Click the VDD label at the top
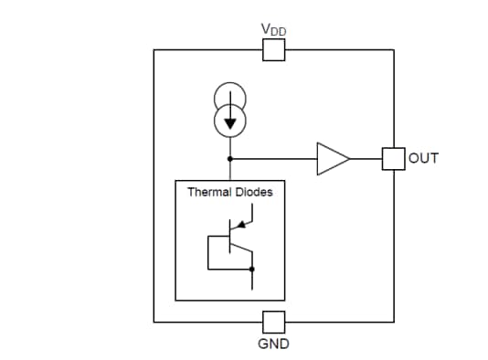pos(273,29)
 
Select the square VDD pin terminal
pos(273,50)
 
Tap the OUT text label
pos(423,158)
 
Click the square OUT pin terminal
pos(393,158)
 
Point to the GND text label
pos(273,345)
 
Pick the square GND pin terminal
pos(273,322)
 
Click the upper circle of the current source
pos(229,97)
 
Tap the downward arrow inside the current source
pos(229,120)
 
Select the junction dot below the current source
pos(229,158)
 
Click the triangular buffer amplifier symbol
pos(331,158)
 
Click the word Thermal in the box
pos(208,193)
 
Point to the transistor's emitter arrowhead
pos(239,223)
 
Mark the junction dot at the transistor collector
pos(251,270)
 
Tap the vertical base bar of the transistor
pos(229,241)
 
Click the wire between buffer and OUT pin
pos(366,158)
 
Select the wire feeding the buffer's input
pos(274,158)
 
